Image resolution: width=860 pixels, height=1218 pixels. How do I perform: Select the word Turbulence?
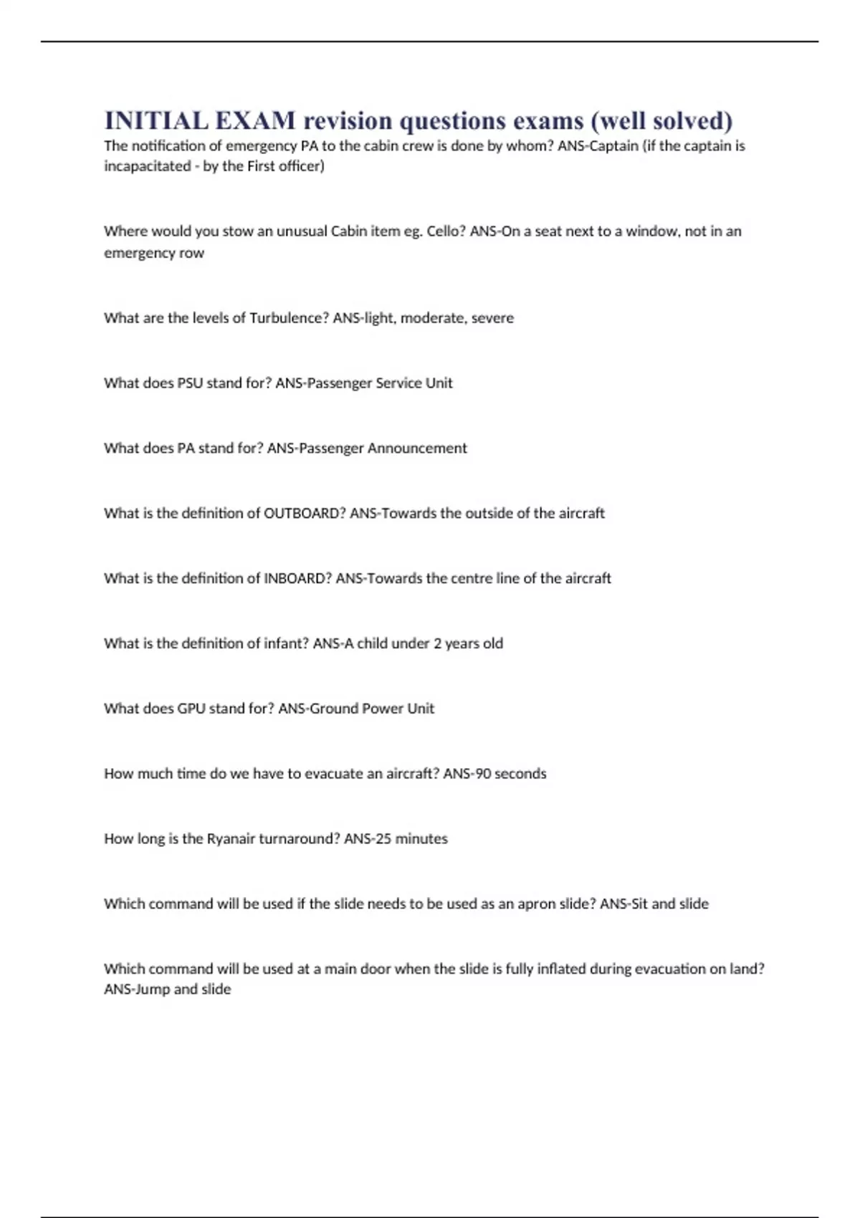click(x=289, y=318)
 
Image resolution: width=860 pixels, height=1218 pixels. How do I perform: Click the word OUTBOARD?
click(x=305, y=514)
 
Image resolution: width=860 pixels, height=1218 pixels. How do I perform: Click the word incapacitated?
click(x=147, y=167)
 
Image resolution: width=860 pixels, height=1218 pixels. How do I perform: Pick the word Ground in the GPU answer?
click(x=332, y=709)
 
